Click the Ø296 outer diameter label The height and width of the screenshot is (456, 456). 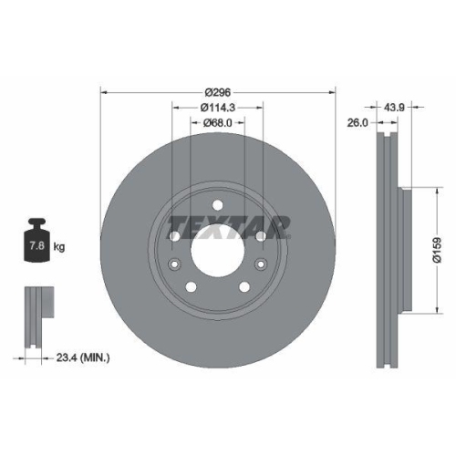click(217, 92)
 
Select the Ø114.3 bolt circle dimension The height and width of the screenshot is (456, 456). click(217, 107)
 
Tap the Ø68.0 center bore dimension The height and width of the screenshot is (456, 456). click(217, 123)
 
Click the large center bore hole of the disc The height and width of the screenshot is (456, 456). click(217, 251)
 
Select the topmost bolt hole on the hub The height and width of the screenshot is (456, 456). click(217, 202)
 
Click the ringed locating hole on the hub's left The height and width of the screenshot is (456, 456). click(174, 265)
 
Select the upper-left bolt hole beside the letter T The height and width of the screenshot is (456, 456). click(174, 236)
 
